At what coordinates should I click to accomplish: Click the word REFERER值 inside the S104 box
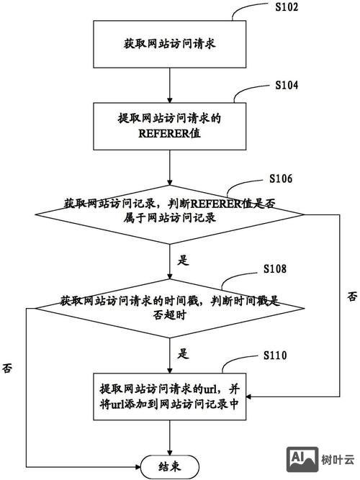[169, 132]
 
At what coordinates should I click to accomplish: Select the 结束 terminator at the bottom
[169, 466]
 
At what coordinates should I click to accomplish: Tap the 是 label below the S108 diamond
[182, 353]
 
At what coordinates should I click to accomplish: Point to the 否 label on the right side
[351, 297]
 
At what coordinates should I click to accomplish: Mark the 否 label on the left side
[7, 367]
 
